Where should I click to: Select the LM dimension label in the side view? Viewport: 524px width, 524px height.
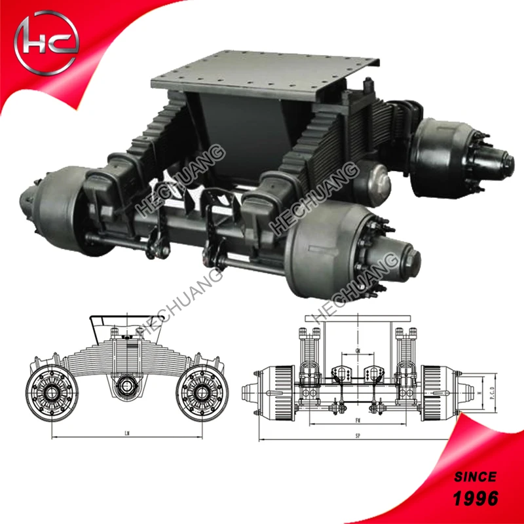point(125,433)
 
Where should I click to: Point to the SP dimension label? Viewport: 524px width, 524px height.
point(356,435)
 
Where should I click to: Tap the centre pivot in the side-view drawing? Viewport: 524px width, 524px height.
point(125,386)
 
